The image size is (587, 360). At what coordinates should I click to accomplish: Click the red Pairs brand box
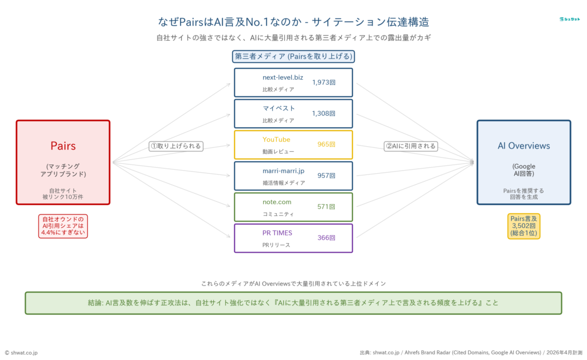click(x=63, y=162)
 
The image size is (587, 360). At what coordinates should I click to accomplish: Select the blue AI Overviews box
click(x=523, y=162)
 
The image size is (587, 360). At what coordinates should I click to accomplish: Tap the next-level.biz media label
click(x=283, y=77)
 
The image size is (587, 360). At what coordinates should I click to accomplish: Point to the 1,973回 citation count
click(x=324, y=82)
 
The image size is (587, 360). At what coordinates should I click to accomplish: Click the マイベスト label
click(x=279, y=108)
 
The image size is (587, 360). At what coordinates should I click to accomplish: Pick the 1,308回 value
click(x=324, y=113)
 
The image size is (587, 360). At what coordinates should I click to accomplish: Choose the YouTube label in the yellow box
click(x=276, y=139)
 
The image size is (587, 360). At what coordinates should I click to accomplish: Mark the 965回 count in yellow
click(x=326, y=144)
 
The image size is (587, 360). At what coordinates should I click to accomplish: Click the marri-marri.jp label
click(x=283, y=170)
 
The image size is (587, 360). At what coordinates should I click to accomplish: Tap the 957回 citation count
click(x=326, y=175)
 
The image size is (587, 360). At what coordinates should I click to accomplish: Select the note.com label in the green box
click(x=277, y=202)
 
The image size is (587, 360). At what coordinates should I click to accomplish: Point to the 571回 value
click(x=326, y=206)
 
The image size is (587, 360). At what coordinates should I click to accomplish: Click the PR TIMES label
click(x=277, y=233)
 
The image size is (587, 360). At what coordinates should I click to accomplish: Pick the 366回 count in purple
click(x=326, y=237)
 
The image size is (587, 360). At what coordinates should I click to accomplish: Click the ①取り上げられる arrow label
click(x=176, y=146)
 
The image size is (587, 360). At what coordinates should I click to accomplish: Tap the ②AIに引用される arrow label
click(x=410, y=146)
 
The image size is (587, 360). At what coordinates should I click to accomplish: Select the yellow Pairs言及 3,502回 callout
click(x=523, y=226)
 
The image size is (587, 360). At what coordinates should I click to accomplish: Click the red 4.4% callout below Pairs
click(x=63, y=226)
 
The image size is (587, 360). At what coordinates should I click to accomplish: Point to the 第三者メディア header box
click(x=293, y=56)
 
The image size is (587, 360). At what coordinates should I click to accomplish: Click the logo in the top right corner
click(x=569, y=19)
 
